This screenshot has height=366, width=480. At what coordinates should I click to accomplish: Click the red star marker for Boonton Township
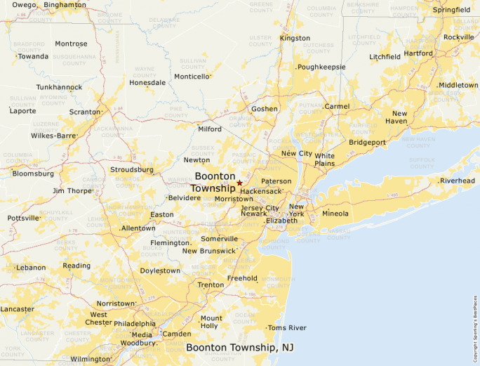click(x=239, y=183)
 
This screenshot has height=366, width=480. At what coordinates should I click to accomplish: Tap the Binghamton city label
click(x=65, y=5)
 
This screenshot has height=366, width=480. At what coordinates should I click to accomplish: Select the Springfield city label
click(x=452, y=10)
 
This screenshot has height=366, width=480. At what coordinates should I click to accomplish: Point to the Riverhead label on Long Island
click(x=458, y=181)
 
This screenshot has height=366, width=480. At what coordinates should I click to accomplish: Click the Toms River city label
click(x=288, y=328)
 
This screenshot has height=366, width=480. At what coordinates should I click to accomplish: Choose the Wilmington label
click(x=91, y=359)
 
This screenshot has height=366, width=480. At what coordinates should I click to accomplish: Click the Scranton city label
click(x=85, y=112)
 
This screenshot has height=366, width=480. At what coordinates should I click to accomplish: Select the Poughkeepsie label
click(x=321, y=67)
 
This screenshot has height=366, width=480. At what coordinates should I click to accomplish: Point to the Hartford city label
click(x=418, y=53)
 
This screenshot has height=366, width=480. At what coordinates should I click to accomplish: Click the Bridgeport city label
click(x=368, y=142)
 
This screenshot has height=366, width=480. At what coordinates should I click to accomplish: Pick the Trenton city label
click(x=211, y=285)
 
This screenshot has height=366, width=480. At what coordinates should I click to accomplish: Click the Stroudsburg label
click(x=132, y=169)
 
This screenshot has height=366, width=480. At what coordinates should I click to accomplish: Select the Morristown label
click(x=234, y=200)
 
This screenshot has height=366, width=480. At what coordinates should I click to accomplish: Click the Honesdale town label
click(x=147, y=82)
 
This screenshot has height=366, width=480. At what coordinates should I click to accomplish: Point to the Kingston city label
click(x=295, y=38)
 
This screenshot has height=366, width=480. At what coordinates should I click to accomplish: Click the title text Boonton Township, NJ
click(x=240, y=348)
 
